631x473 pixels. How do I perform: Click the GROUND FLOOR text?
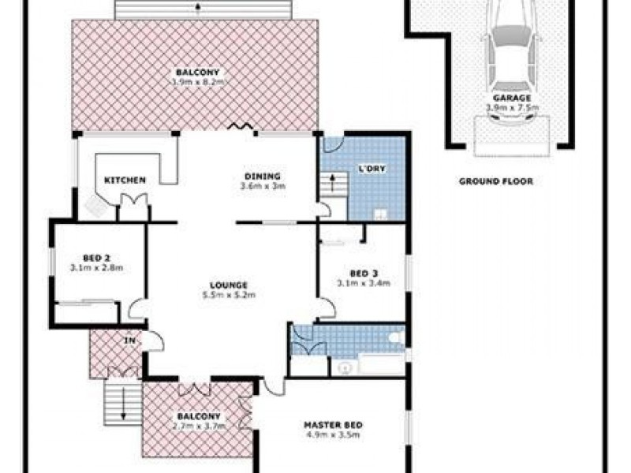[x=496, y=181]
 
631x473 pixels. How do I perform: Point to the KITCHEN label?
[x=125, y=181]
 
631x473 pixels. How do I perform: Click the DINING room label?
[x=262, y=176]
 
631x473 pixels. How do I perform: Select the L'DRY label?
[x=372, y=169]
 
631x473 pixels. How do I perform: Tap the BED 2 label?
[x=95, y=257]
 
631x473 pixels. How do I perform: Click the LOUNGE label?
[x=229, y=285]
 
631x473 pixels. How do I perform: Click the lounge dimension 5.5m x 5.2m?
[x=229, y=295]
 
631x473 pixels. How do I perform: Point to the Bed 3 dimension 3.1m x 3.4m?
[x=364, y=283]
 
